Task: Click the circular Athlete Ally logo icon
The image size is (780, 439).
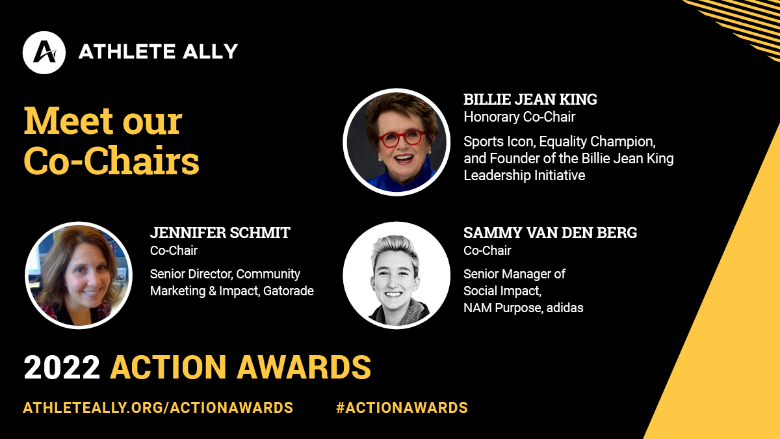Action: click(x=44, y=53)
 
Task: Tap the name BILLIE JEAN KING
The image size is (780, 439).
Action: click(x=530, y=100)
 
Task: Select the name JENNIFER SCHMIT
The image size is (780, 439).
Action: click(x=220, y=232)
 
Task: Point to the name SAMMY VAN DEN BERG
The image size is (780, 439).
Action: click(x=550, y=232)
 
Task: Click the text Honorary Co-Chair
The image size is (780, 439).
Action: click(x=519, y=116)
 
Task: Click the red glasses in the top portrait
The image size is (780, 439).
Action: click(x=402, y=138)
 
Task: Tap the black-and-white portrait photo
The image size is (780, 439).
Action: click(x=396, y=275)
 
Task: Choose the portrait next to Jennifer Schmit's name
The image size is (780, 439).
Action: click(x=79, y=275)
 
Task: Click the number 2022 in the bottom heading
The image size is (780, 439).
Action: click(x=62, y=367)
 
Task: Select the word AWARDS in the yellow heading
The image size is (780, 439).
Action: click(x=304, y=367)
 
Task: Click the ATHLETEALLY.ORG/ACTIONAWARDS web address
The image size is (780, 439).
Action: click(x=158, y=408)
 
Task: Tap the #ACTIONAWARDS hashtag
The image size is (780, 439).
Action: click(x=402, y=408)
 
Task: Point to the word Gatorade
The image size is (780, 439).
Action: click(x=289, y=291)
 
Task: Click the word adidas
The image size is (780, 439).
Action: click(x=565, y=308)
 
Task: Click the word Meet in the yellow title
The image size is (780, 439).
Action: click(x=69, y=120)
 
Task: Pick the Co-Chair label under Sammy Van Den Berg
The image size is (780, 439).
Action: click(x=487, y=250)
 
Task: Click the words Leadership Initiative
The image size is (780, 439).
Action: click(x=524, y=175)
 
